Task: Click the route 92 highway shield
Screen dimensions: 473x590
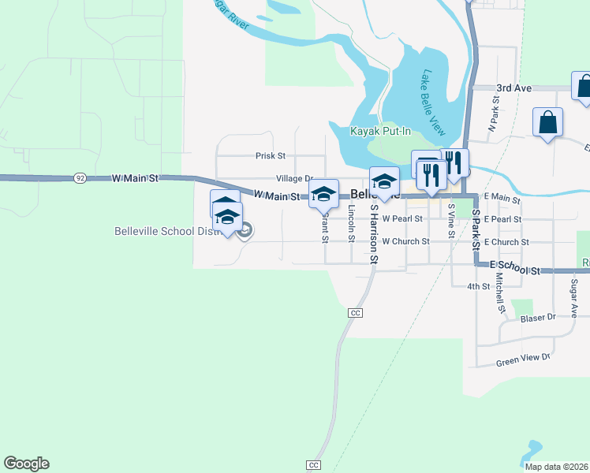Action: click(x=80, y=179)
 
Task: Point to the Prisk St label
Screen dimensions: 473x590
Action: click(x=270, y=156)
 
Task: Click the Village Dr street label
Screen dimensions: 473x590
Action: click(x=294, y=179)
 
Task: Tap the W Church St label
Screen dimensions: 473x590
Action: click(x=405, y=241)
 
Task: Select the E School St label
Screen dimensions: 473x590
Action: click(x=514, y=270)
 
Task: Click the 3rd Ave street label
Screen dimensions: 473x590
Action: click(x=513, y=88)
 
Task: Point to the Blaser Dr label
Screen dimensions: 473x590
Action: click(x=539, y=318)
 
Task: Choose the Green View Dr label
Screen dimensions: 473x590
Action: click(x=522, y=359)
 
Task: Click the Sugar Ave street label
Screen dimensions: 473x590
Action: click(x=573, y=300)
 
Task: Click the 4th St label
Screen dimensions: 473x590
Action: click(x=479, y=286)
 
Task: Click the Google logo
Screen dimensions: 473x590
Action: click(x=27, y=464)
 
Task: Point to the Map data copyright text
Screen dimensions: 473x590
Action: click(x=555, y=467)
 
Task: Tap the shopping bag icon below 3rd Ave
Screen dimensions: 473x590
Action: click(x=547, y=123)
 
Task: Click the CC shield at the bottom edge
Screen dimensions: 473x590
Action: click(x=314, y=465)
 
